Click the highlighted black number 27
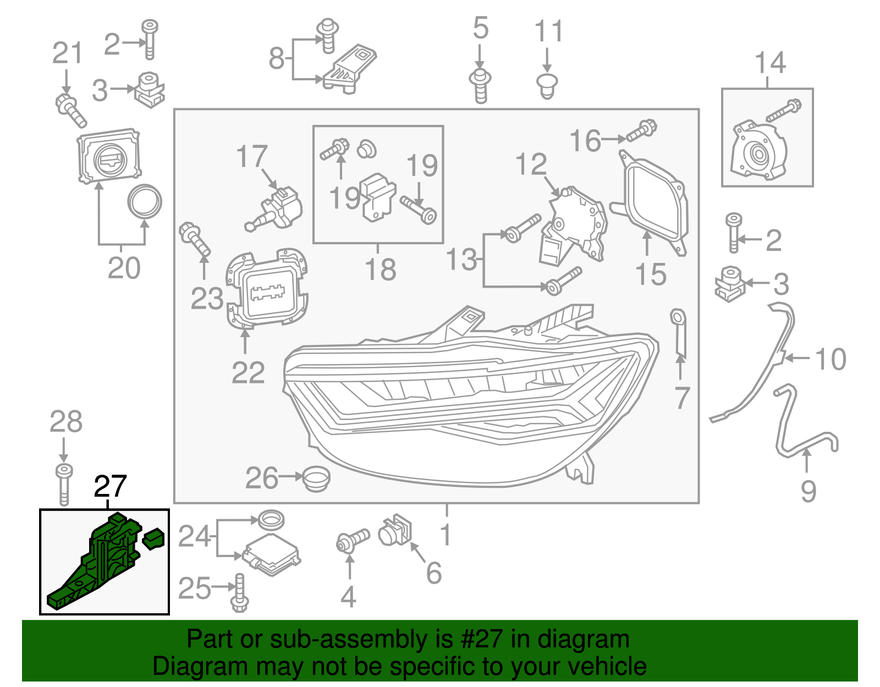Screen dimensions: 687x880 coord(110,486)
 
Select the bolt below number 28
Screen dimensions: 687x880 coord(64,484)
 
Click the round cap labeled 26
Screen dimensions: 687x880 coord(316,478)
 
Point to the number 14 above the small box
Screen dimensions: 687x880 coord(770,63)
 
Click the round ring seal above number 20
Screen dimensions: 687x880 coord(145,202)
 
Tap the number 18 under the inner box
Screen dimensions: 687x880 coord(380,270)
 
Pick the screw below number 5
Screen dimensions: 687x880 coord(480,85)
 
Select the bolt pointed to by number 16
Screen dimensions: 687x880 coord(641,130)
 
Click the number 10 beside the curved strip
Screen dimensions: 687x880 coord(830,359)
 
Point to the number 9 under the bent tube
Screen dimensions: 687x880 coord(808,491)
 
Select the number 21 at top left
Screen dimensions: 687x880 coord(67,53)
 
